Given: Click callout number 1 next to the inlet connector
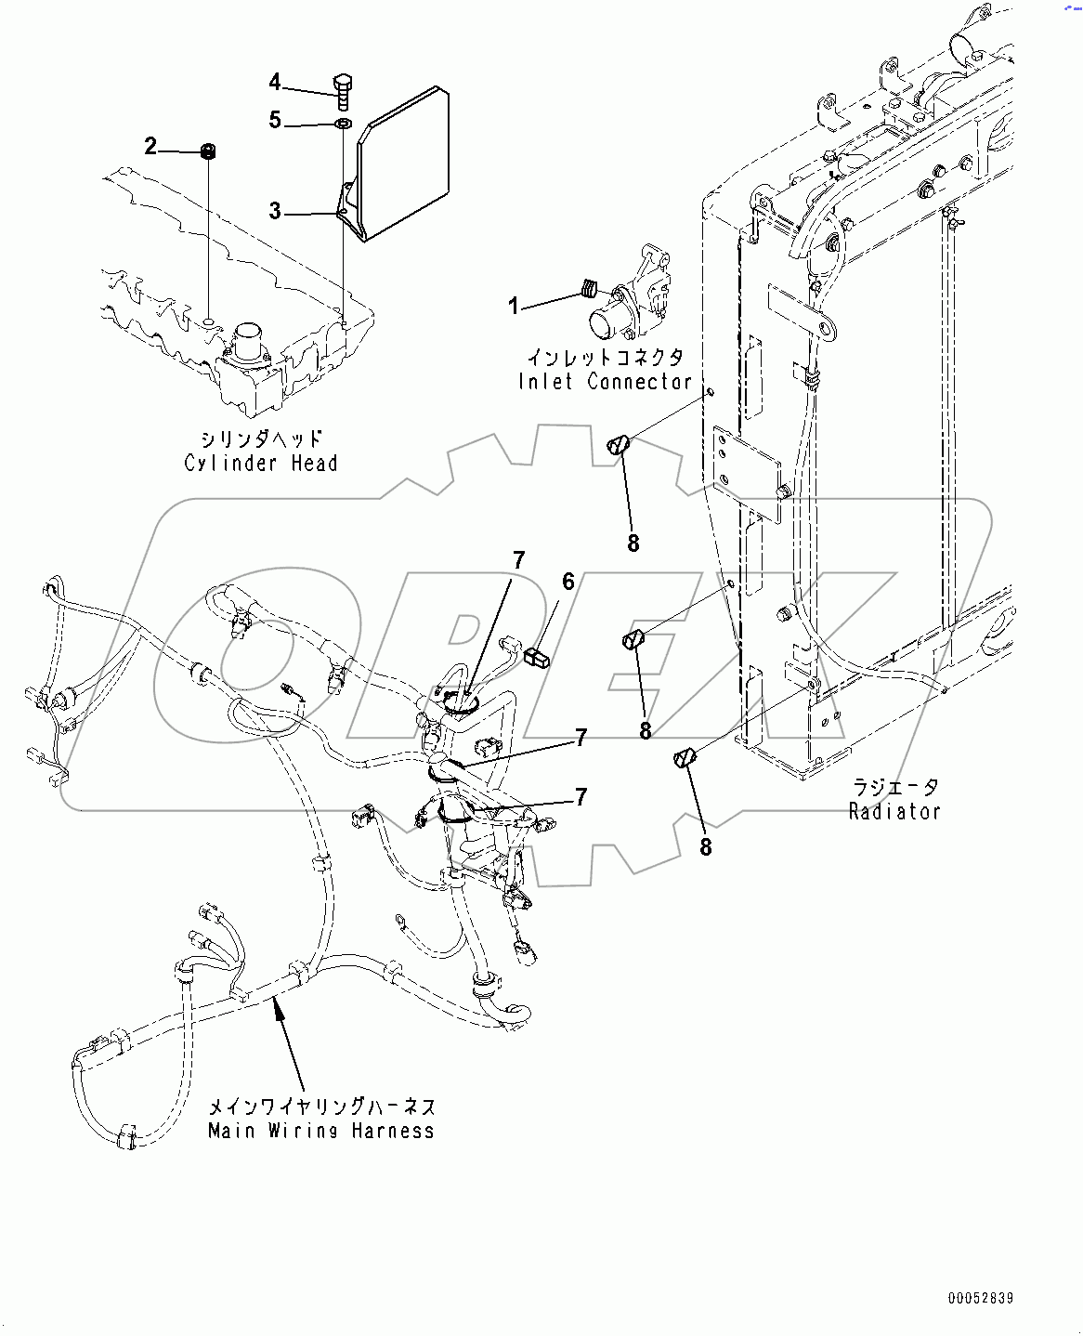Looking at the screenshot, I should click(514, 306).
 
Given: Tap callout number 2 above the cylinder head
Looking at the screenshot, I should click(150, 146).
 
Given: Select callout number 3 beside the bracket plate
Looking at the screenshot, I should click(275, 212).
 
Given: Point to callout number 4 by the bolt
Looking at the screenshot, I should click(275, 83).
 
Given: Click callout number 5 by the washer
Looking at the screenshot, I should click(275, 121).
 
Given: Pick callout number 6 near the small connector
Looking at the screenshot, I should click(568, 582).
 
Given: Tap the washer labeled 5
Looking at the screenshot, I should click(342, 124).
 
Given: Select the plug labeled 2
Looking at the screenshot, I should click(209, 151).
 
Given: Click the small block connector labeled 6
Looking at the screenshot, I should click(537, 659).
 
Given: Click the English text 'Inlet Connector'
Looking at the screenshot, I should click(605, 382).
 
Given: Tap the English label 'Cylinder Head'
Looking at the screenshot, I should click(261, 463).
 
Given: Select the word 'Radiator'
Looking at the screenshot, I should click(894, 811).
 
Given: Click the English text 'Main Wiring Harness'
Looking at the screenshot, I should click(321, 1131).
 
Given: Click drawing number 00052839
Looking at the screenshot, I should click(981, 1298).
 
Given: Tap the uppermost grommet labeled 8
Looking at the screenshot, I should click(619, 445).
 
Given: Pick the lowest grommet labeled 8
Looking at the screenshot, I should click(685, 758).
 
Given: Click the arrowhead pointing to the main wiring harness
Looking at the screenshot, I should click(277, 1007).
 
